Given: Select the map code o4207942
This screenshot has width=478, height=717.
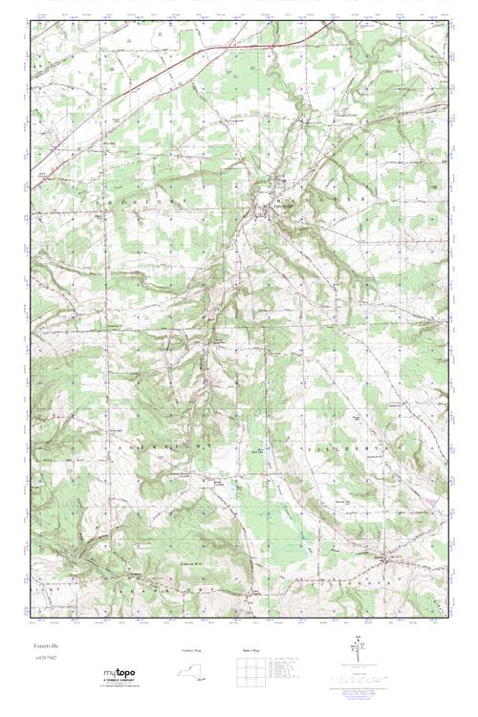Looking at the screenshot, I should pos(44,660).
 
